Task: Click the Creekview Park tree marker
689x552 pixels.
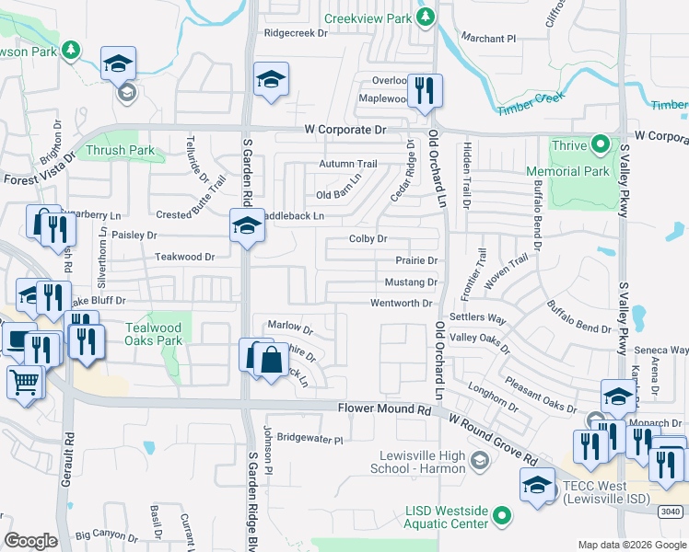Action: (425, 17)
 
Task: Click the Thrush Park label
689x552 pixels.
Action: (121, 150)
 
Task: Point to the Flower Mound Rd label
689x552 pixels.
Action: (384, 408)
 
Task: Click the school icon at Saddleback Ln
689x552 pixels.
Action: (247, 225)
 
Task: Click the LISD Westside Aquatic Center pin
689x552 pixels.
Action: (501, 516)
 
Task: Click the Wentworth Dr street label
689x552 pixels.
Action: (401, 303)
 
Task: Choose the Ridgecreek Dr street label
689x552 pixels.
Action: (296, 32)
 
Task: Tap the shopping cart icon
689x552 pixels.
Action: (25, 382)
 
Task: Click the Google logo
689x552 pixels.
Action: (30, 541)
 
